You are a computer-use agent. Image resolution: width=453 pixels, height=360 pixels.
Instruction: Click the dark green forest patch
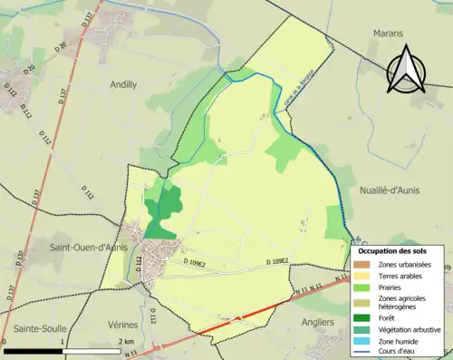(162, 211)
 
